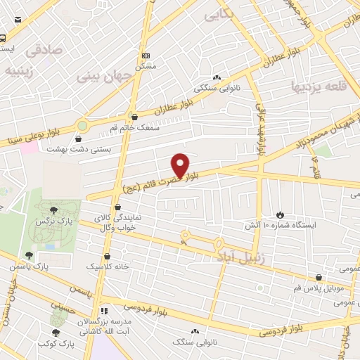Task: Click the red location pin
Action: point(181,165)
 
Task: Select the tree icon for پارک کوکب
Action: point(56,333)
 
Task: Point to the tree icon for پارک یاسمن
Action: point(29,256)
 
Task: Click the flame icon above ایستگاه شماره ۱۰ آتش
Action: point(281,214)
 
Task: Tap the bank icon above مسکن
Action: point(146,55)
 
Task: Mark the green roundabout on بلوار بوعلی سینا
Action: point(83,126)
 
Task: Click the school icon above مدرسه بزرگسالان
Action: point(104,310)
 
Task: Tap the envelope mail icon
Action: point(17,20)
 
